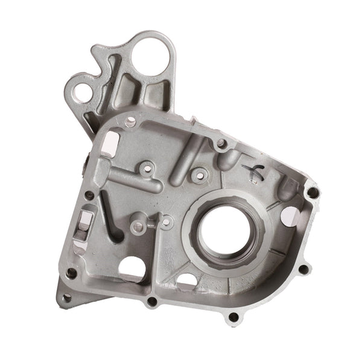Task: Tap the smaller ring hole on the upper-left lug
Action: pyautogui.click(x=82, y=92)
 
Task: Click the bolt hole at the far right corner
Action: pyautogui.click(x=313, y=193)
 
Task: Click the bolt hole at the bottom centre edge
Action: pyautogui.click(x=152, y=300)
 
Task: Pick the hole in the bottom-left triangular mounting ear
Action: pyautogui.click(x=66, y=297)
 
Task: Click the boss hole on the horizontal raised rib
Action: pyautogui.click(x=145, y=170)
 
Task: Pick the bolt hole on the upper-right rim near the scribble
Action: pyautogui.click(x=221, y=144)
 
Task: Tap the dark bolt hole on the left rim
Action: pyautogui.click(x=89, y=195)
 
